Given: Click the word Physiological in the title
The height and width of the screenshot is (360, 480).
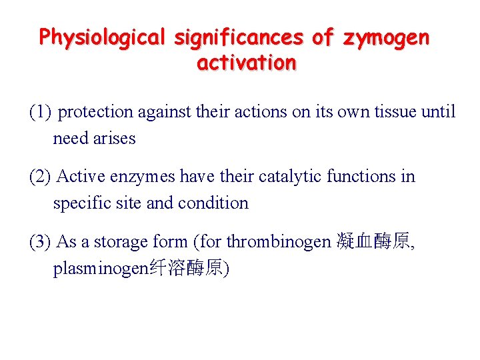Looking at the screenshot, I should click(x=102, y=37).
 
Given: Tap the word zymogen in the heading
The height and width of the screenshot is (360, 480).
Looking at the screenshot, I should click(x=387, y=37).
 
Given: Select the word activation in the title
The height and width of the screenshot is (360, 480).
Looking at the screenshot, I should click(x=247, y=63).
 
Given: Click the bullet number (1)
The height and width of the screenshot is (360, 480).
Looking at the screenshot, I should click(x=40, y=112).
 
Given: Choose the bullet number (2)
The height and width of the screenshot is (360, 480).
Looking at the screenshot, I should click(x=40, y=177).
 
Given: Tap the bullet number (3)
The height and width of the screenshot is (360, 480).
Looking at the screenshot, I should click(x=40, y=241).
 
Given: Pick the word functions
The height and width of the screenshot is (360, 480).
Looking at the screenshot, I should click(x=362, y=177).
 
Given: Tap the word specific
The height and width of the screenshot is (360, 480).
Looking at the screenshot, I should click(x=78, y=203).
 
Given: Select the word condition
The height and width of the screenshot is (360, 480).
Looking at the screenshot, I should click(x=214, y=203).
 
